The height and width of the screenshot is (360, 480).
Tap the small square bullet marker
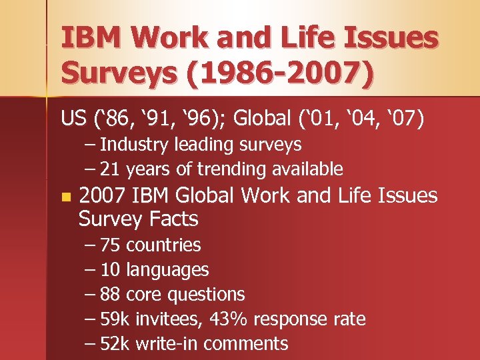[64, 197]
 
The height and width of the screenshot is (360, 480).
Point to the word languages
[167, 269]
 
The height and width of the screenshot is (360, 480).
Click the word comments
[246, 344]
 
